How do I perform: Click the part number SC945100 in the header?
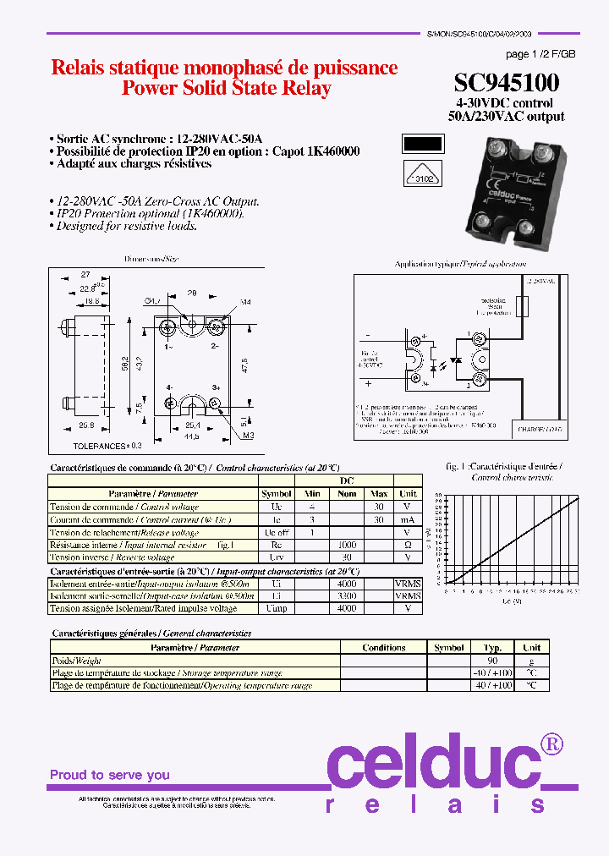pos(506,83)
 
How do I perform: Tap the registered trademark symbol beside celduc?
pos(551,744)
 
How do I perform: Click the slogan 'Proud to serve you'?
pos(110,775)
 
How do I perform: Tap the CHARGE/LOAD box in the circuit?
pos(541,430)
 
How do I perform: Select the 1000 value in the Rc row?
pos(347,546)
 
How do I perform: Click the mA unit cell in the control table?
pos(408,519)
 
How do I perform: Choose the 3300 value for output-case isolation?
pos(347,596)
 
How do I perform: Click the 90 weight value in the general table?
pos(492,661)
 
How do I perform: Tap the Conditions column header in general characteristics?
pos(384,648)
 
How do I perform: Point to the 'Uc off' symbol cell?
pos(277,533)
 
